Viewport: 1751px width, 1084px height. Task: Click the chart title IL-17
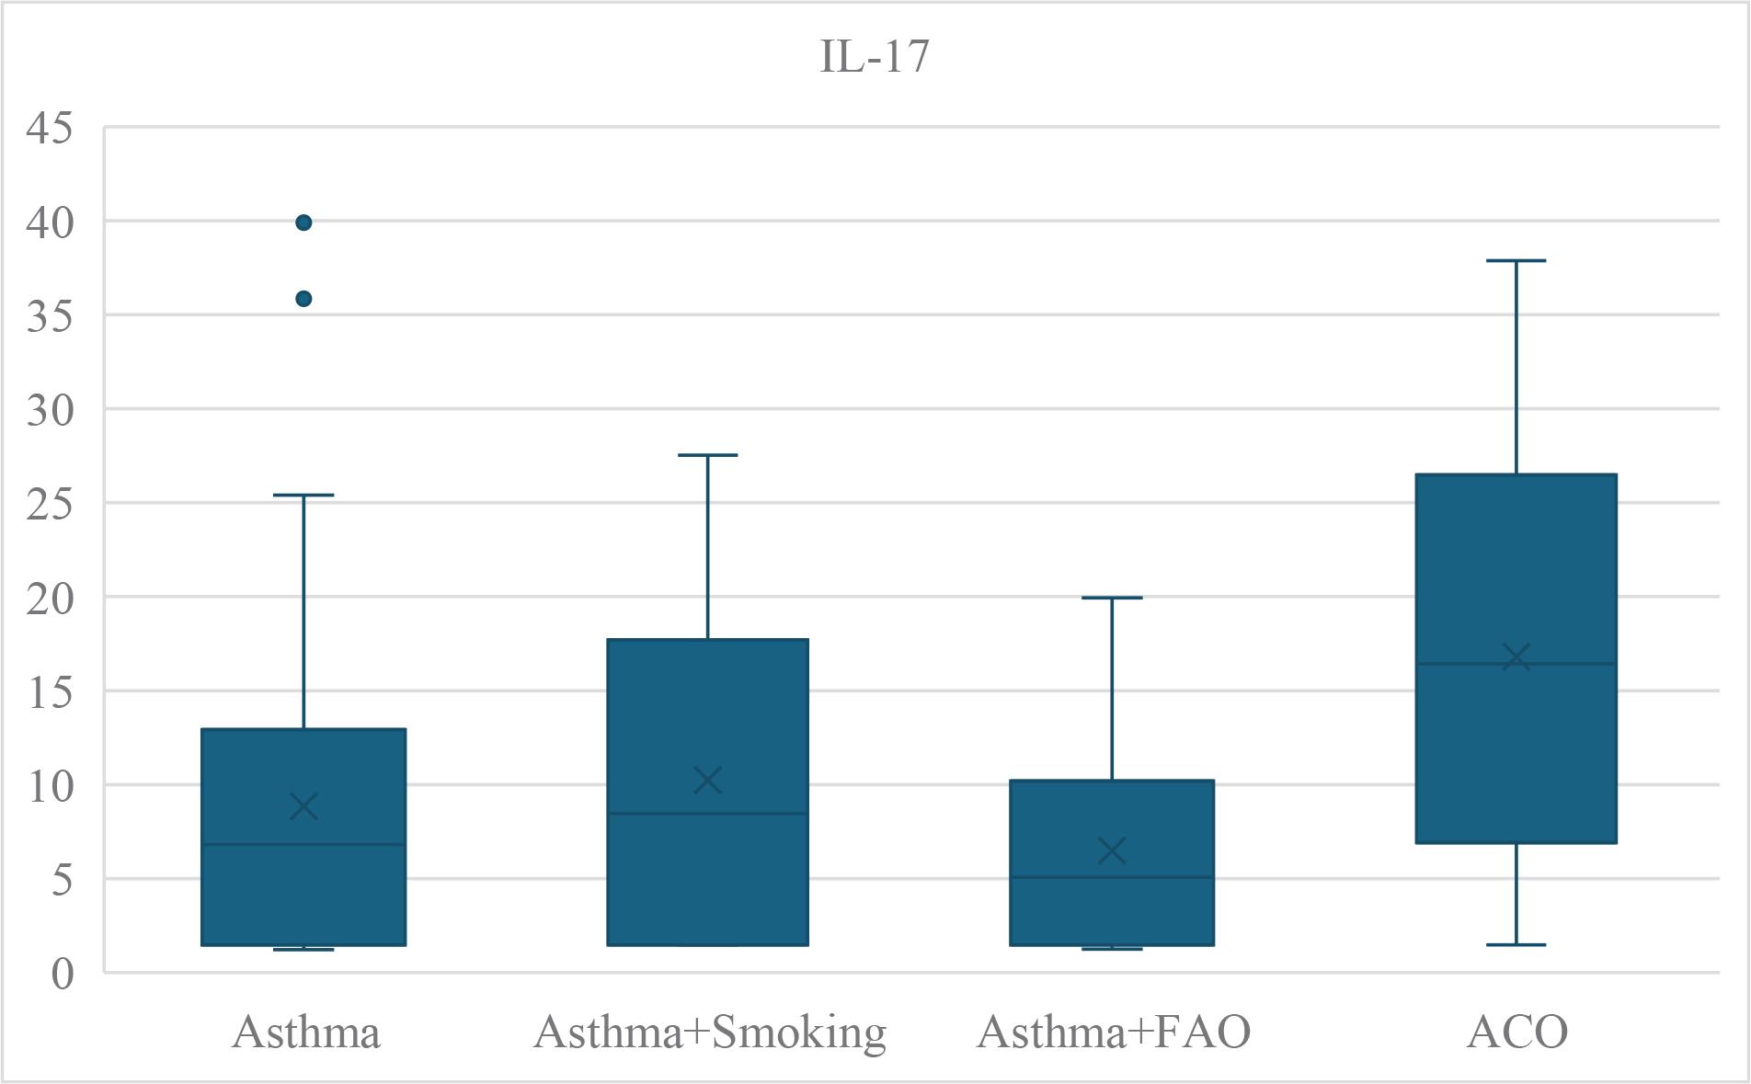[x=874, y=56]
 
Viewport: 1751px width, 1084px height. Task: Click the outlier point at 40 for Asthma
[x=303, y=223]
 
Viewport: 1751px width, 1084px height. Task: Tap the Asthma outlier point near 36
[x=303, y=299]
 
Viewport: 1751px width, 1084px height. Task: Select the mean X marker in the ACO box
[x=1516, y=657]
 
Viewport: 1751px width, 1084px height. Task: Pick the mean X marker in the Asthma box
[x=303, y=806]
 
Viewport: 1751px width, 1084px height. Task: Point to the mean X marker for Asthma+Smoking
[x=707, y=781]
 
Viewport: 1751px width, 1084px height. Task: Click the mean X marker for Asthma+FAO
[x=1112, y=850]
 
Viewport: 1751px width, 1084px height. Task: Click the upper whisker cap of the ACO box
[x=1516, y=261]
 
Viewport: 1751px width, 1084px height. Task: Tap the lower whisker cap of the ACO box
[x=1516, y=944]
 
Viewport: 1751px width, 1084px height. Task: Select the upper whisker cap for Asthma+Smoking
[x=707, y=455]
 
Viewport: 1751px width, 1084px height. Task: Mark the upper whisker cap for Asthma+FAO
[x=1112, y=598]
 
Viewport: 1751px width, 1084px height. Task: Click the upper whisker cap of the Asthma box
[x=303, y=495]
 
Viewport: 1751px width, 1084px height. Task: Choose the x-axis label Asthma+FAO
[x=1114, y=1032]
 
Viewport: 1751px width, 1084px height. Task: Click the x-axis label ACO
[x=1517, y=1032]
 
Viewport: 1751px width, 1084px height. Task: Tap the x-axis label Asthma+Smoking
[x=709, y=1032]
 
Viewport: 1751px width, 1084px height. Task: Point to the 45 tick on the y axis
[x=49, y=128]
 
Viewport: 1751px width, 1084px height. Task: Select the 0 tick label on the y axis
[x=62, y=973]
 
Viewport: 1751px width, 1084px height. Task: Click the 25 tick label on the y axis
[x=49, y=504]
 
